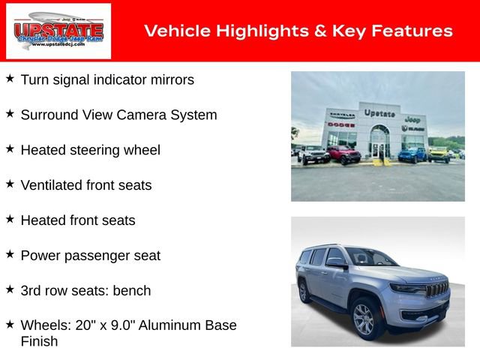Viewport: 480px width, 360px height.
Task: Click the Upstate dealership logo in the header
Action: tap(58, 31)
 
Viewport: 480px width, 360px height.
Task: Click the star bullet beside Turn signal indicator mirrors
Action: tap(10, 78)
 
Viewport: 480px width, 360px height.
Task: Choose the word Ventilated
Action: tap(53, 185)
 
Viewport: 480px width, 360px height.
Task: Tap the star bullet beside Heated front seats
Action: tap(10, 219)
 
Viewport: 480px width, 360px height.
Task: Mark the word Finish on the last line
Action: tap(39, 341)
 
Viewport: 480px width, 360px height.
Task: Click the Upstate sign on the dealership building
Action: tap(379, 113)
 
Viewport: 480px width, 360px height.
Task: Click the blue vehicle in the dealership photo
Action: tap(412, 154)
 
